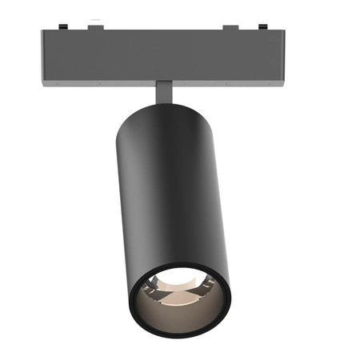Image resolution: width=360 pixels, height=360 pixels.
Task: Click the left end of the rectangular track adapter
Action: click(x=45, y=56)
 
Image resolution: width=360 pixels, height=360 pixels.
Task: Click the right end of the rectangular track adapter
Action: click(x=281, y=56)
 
